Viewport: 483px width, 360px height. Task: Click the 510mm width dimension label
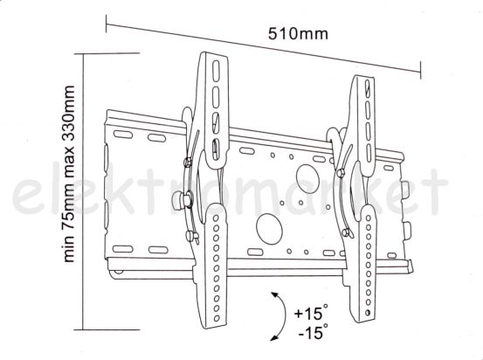pyautogui.click(x=298, y=34)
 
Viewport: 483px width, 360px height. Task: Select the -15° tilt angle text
pyautogui.click(x=313, y=331)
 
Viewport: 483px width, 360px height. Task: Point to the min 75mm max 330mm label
pyautogui.click(x=69, y=174)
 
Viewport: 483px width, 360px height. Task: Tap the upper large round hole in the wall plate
pyautogui.click(x=307, y=179)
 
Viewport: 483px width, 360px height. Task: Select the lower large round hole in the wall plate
pyautogui.click(x=270, y=229)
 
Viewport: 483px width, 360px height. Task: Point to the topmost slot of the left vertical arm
pyautogui.click(x=216, y=71)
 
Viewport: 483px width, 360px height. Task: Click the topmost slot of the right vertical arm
pyautogui.click(x=367, y=88)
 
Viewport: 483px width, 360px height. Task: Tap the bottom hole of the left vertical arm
pyautogui.click(x=217, y=318)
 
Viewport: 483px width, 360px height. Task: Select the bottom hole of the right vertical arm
pyautogui.click(x=368, y=313)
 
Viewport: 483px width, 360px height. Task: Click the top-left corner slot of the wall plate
pyautogui.click(x=123, y=135)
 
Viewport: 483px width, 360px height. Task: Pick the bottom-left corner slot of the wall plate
pyautogui.click(x=123, y=249)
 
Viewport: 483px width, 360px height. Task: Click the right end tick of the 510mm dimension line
pyautogui.click(x=420, y=70)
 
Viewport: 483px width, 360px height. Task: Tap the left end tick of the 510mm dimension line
pyautogui.click(x=107, y=24)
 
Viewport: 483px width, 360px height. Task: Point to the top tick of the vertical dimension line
pyautogui.click(x=107, y=53)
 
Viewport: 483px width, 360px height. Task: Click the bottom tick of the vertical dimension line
pyautogui.click(x=107, y=329)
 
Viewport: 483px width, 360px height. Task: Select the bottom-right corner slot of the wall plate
pyautogui.click(x=391, y=255)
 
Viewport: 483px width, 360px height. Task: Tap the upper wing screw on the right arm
pyautogui.click(x=341, y=173)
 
